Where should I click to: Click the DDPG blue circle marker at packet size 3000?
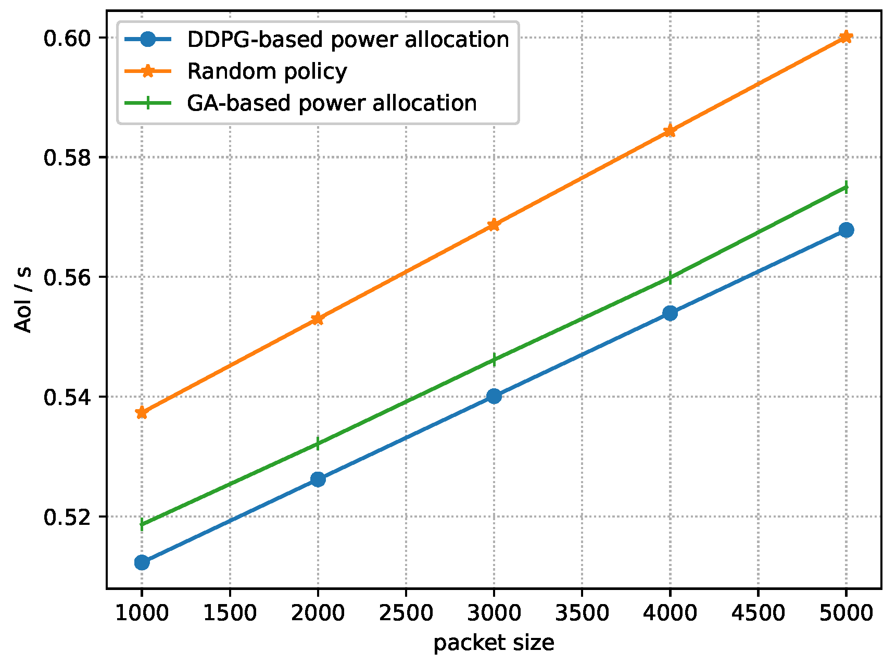click(494, 396)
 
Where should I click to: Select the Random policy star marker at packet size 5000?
click(846, 37)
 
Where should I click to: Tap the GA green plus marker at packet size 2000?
click(318, 444)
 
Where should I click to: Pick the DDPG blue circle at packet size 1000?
click(142, 562)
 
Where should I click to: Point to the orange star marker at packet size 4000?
click(670, 131)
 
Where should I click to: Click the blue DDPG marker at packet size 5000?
click(846, 230)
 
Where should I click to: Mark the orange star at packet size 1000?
click(142, 413)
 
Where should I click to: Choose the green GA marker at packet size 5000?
click(846, 188)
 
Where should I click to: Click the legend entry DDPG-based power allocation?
click(348, 40)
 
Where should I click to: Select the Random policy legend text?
click(267, 71)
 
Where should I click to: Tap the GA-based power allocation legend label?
click(332, 103)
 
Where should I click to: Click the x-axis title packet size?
click(494, 643)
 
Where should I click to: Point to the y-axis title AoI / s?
click(23, 300)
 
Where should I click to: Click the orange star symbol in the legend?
click(148, 71)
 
